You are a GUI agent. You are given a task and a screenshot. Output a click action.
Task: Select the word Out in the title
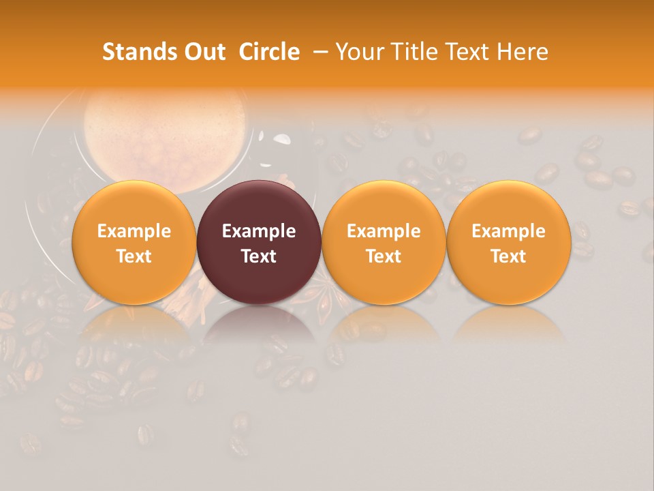(x=204, y=52)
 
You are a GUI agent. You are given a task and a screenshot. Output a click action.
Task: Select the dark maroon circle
(x=259, y=205)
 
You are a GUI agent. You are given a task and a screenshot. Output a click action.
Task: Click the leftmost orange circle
(x=134, y=205)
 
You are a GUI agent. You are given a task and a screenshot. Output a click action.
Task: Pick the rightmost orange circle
(x=508, y=205)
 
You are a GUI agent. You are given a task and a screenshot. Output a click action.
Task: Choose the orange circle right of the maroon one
(x=384, y=205)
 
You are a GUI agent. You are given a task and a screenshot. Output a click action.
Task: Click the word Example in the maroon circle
(x=259, y=231)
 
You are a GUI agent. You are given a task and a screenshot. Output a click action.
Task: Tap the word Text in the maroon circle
(x=259, y=256)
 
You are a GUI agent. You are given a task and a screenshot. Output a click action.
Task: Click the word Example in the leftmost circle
(x=134, y=231)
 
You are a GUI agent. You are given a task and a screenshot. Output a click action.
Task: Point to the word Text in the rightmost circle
(x=508, y=256)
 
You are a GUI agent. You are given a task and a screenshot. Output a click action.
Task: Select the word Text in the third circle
(x=384, y=256)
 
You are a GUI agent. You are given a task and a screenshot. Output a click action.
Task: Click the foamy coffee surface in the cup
(x=163, y=123)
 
